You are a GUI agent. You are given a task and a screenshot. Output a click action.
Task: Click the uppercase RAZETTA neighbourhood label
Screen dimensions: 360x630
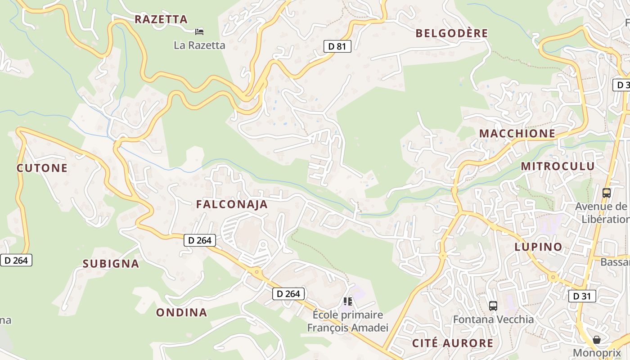pos(161,19)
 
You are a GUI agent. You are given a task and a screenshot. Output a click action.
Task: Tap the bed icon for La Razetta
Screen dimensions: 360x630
pos(199,31)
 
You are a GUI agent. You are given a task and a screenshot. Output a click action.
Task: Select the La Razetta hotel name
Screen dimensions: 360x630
pos(199,45)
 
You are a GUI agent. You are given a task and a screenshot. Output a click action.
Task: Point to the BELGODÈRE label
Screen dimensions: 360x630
pos(451,33)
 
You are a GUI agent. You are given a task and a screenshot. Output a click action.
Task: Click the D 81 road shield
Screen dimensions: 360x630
pos(337,46)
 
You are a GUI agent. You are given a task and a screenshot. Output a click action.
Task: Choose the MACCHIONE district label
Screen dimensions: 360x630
pos(517,134)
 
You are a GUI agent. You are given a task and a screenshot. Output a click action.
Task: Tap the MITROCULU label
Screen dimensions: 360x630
pos(558,166)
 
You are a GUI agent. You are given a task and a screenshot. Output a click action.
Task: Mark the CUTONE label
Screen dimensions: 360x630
pos(42,168)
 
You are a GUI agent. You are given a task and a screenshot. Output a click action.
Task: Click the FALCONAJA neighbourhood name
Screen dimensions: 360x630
pos(232,204)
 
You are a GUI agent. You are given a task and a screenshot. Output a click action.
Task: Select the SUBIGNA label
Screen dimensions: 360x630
pos(111,264)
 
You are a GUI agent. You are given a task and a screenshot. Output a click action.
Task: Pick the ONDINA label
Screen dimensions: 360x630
pos(181,312)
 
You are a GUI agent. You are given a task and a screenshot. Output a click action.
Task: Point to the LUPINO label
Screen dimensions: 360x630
pos(538,247)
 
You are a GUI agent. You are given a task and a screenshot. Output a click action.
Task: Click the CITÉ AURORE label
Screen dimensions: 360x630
pos(453,343)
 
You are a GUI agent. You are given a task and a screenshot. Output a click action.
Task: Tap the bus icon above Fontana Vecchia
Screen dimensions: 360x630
pos(493,306)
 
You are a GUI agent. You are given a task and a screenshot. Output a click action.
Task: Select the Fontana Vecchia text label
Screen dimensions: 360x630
pos(493,319)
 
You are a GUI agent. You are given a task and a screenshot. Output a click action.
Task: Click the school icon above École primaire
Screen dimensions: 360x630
pos(347,301)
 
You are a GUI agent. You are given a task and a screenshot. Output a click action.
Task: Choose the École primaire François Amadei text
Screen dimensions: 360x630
pos(347,321)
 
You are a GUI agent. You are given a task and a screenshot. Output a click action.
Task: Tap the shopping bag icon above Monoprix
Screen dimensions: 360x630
pos(596,340)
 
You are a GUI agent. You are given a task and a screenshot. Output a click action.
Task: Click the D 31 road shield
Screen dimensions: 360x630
pos(582,296)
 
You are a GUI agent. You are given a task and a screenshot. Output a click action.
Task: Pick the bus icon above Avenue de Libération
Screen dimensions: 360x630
pos(606,193)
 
